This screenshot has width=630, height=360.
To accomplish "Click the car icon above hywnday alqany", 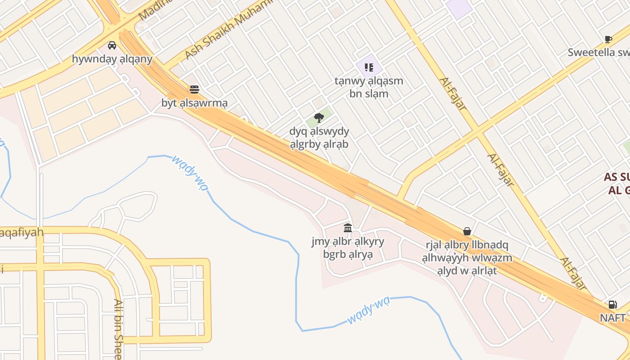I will (x=112, y=45).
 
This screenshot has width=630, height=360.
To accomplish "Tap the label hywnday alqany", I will (x=112, y=59).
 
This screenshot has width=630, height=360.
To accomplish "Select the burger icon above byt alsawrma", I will (x=194, y=90).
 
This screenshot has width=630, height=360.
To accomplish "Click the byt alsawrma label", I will (x=194, y=103).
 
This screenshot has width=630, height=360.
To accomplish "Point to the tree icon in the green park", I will (x=319, y=118).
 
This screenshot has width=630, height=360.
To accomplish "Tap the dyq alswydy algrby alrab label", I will (x=319, y=138).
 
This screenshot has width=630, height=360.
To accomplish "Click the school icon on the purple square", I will (x=369, y=67).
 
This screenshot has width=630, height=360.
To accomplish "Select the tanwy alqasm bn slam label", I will (x=369, y=87).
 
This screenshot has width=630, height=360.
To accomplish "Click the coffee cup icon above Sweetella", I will (x=608, y=39).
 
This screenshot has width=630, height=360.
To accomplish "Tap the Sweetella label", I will (x=598, y=52).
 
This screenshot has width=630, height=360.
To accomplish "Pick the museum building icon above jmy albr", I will (x=348, y=228).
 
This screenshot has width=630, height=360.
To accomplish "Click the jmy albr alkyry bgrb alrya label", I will (x=348, y=248).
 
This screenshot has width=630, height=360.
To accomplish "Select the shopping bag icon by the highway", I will (x=467, y=231).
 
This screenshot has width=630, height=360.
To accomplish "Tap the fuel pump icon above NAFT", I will (x=612, y=305).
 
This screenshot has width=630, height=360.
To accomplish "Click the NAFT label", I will (x=612, y=318).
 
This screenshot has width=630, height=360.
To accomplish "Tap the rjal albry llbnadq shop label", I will (x=467, y=258).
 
